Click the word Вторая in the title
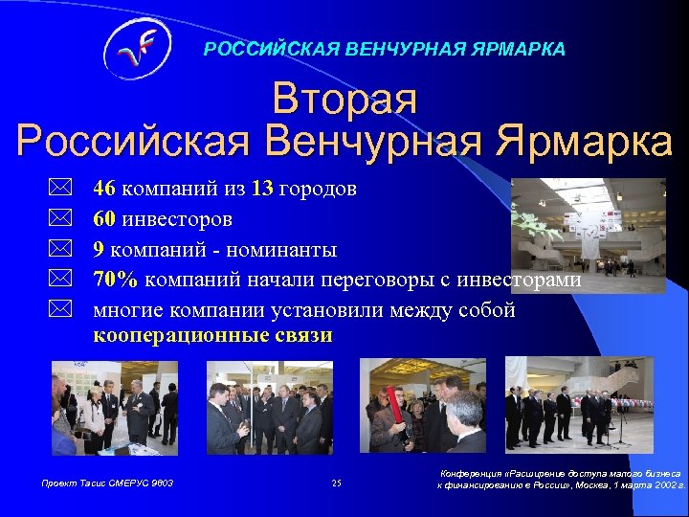coord(344,100)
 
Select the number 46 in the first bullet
coord(104,189)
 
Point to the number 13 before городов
coord(263,189)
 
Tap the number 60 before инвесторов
coord(104,219)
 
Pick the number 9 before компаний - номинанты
coord(99,250)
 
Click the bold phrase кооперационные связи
coord(212,335)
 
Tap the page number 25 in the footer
coord(336,483)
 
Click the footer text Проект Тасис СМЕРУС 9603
coord(107,483)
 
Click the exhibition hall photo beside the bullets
coord(588,235)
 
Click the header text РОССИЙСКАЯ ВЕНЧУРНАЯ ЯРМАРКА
coord(384,48)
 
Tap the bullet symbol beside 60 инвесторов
coord(60,219)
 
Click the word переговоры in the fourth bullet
coord(383,280)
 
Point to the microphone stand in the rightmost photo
coord(618,426)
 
